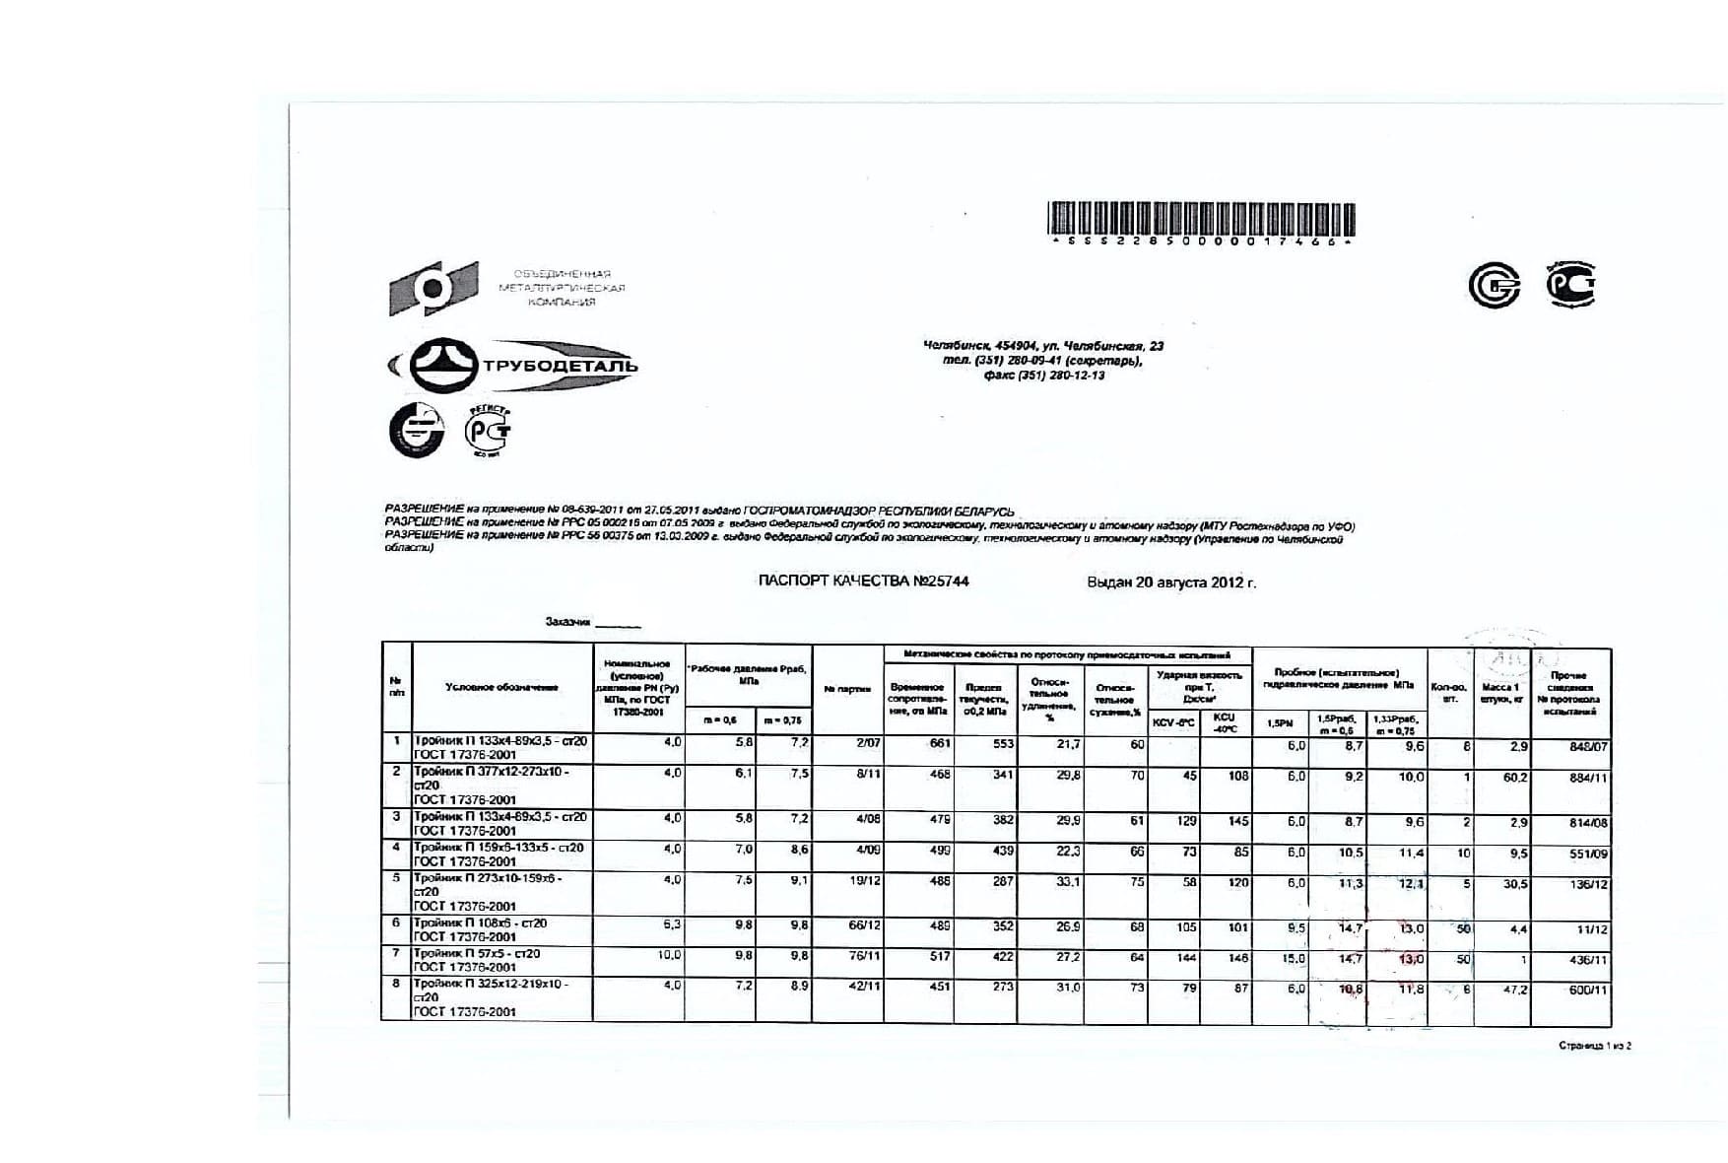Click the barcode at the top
pos(1200,218)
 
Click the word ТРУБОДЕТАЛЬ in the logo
pos(559,367)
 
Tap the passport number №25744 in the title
pos(940,581)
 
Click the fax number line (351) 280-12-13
pos(1043,376)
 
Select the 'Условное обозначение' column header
pos(501,687)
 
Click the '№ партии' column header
pos(846,689)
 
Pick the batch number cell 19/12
pos(864,881)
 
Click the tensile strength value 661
pos(940,744)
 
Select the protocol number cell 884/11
pos(1587,778)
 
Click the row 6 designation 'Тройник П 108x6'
pos(480,924)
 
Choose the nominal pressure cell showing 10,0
pos(670,955)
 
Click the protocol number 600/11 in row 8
pos(1587,990)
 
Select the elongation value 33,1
pos(1067,882)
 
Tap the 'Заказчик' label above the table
pos(567,622)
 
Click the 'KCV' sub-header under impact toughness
pos(1172,722)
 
